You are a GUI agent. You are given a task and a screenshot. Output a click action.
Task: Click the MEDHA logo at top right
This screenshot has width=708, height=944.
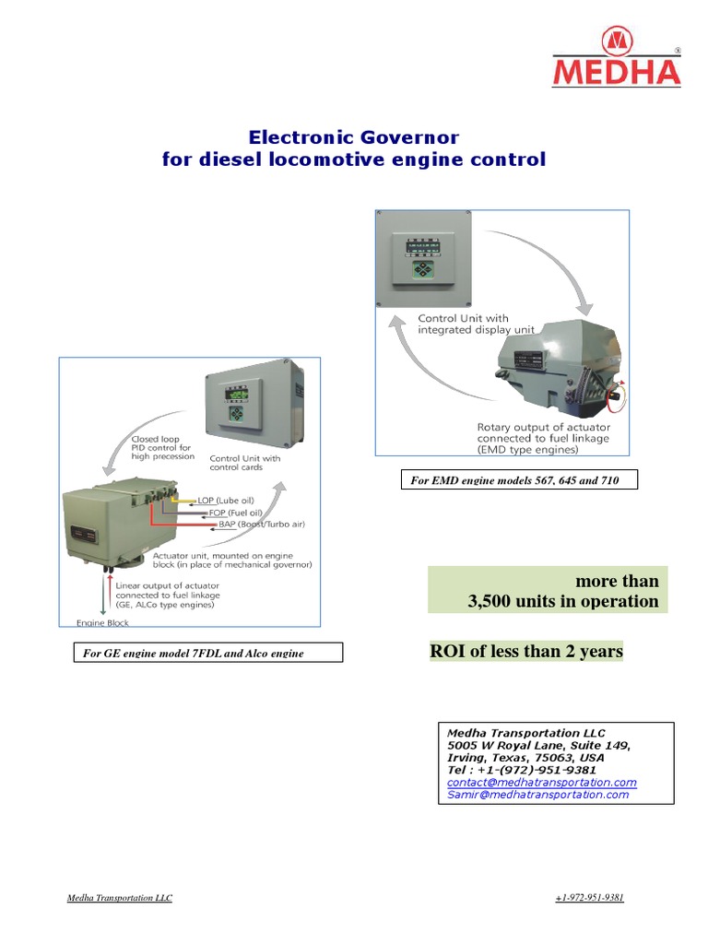(x=616, y=57)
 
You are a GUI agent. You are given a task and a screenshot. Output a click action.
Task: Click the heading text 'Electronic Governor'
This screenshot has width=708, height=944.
(x=353, y=137)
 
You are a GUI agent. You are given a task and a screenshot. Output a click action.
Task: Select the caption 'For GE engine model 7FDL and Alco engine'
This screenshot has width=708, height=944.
(x=207, y=654)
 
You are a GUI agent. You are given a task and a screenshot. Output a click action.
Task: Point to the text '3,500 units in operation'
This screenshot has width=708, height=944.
(x=563, y=602)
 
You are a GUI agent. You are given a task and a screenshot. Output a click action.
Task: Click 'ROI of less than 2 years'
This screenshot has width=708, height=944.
(x=526, y=652)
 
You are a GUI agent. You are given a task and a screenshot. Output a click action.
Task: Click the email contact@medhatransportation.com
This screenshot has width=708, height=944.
(x=541, y=782)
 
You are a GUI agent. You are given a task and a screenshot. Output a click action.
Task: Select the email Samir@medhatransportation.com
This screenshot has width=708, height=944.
(x=537, y=795)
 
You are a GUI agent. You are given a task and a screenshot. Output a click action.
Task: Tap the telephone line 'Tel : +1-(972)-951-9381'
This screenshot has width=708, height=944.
(x=521, y=770)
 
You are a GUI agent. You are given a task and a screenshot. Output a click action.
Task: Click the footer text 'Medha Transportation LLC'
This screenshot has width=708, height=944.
(x=120, y=898)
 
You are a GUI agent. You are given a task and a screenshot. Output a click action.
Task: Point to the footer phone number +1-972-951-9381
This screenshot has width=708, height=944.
(x=590, y=898)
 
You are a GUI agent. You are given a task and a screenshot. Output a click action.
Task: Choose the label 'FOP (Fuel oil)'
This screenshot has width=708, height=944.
(x=229, y=513)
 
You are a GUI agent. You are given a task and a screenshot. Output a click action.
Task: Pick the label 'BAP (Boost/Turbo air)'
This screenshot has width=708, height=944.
(x=261, y=525)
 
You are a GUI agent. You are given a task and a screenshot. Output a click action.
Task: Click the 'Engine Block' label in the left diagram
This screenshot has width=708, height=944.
(x=103, y=623)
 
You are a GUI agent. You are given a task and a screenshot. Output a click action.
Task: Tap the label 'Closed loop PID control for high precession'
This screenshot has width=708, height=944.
(x=161, y=448)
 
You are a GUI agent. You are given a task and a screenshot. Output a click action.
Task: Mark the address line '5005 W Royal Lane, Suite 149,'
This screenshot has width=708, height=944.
(x=538, y=745)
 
